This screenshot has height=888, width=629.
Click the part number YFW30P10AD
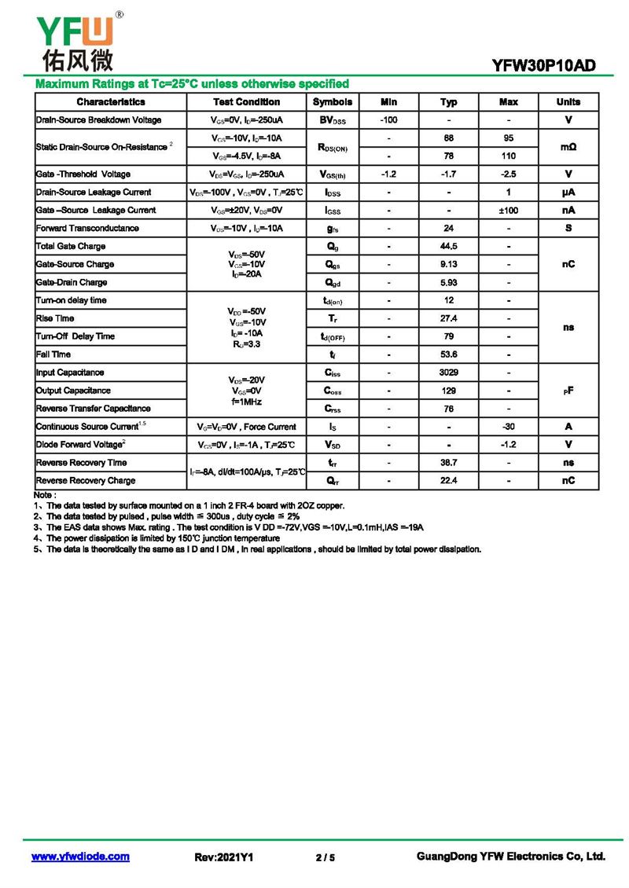pyautogui.click(x=544, y=66)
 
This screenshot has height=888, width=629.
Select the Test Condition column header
pyautogui.click(x=246, y=102)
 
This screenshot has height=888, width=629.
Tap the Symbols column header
pyautogui.click(x=333, y=102)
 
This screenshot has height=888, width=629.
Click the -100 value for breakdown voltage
pyautogui.click(x=388, y=120)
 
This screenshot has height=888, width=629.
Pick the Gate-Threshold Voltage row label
pyautogui.click(x=83, y=174)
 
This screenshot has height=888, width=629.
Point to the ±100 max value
pyautogui.click(x=509, y=211)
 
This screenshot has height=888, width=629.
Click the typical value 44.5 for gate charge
pyautogui.click(x=449, y=247)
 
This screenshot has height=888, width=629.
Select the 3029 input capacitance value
pyautogui.click(x=449, y=372)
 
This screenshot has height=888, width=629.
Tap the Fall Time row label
pyautogui.click(x=53, y=354)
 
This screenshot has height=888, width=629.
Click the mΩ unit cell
pyautogui.click(x=568, y=147)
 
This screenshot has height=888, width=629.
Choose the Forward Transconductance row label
pyautogui.click(x=87, y=229)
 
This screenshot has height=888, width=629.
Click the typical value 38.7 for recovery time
pyautogui.click(x=449, y=463)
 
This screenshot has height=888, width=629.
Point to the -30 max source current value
pyautogui.click(x=509, y=427)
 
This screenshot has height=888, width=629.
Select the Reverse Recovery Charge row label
pyautogui.click(x=86, y=481)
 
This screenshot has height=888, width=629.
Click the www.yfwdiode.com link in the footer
pyautogui.click(x=80, y=857)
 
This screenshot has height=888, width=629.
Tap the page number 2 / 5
pyautogui.click(x=325, y=857)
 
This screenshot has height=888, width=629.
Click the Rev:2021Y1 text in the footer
pyautogui.click(x=224, y=857)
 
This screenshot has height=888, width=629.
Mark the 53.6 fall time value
pyautogui.click(x=449, y=354)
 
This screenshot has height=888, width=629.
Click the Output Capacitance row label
pyautogui.click(x=73, y=391)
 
